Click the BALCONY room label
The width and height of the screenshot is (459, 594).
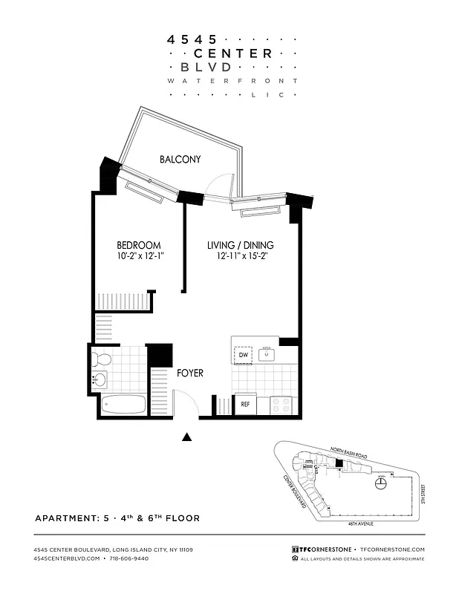pos(180,159)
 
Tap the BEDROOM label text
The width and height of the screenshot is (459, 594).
pos(139,245)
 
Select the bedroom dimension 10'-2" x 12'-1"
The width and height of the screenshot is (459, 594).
pos(139,256)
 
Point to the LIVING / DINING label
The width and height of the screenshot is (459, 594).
pos(239,245)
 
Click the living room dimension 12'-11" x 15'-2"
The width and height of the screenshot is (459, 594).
pos(239,256)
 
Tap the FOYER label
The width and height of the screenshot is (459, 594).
pos(189,373)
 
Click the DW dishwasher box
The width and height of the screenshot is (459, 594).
pos(243,356)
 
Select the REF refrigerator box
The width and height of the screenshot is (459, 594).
pos(244,405)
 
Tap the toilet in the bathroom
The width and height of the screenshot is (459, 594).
pos(102,360)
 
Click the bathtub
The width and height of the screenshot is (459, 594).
pos(124,405)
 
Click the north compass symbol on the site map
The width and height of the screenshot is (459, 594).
pos(381,483)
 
